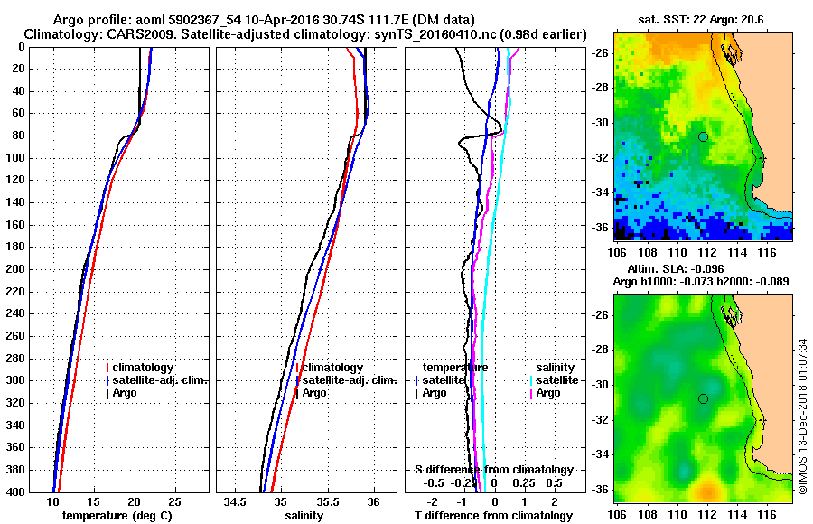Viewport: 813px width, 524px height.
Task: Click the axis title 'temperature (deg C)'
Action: pos(117,515)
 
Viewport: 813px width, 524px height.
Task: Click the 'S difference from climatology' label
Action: pos(493,470)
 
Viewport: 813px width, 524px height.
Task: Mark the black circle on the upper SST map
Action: pos(703,136)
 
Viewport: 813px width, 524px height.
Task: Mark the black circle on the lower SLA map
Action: pos(703,398)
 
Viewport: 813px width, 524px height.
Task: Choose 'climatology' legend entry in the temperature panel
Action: pos(145,368)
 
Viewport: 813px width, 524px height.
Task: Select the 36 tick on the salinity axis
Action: pos(374,501)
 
